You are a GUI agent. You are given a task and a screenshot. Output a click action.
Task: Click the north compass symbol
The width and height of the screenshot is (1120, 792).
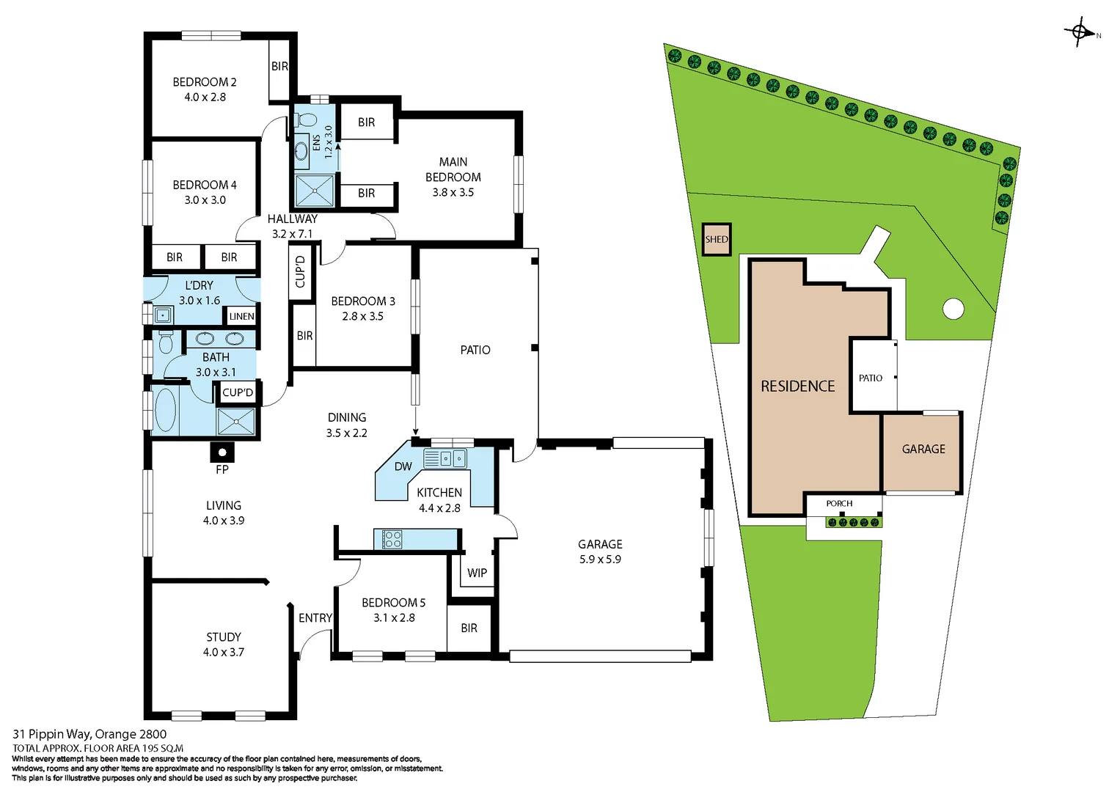tap(1080, 32)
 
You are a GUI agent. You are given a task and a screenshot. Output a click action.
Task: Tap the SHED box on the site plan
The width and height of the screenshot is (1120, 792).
tap(717, 240)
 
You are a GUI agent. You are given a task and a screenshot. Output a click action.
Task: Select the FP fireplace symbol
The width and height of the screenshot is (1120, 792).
tap(222, 452)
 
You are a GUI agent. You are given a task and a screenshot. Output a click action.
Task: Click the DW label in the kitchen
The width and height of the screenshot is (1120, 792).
tap(403, 466)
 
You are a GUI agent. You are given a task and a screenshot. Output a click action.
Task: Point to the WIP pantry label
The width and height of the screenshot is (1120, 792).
tap(477, 573)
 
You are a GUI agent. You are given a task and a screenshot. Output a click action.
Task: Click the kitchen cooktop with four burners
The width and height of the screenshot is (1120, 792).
tap(392, 540)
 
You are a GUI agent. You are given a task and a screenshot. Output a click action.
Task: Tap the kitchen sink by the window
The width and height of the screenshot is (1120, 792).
tap(444, 459)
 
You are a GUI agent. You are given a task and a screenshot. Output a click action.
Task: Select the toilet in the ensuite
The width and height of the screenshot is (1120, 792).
tap(306, 120)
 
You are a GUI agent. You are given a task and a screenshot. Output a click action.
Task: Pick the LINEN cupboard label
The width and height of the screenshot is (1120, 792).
tap(241, 316)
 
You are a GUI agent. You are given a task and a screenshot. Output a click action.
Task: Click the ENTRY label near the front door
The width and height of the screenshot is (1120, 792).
tap(315, 618)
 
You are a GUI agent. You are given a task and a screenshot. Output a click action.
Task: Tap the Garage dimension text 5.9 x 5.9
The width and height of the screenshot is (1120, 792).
tap(600, 560)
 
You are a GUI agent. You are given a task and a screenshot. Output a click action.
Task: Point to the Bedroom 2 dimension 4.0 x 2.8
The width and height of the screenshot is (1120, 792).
tap(205, 97)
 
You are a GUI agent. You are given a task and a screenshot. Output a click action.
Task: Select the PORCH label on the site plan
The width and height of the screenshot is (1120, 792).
tap(839, 504)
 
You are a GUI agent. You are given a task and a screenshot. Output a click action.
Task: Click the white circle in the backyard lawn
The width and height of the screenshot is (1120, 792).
tap(953, 309)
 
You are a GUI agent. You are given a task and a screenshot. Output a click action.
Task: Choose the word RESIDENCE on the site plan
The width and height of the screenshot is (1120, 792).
tap(797, 386)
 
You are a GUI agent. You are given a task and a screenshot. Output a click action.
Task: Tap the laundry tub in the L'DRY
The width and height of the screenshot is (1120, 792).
tap(163, 315)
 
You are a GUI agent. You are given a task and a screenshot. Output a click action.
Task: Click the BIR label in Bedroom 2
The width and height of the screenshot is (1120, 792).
tap(279, 66)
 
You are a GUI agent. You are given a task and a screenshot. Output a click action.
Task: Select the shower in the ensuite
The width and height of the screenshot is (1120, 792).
tap(315, 191)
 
